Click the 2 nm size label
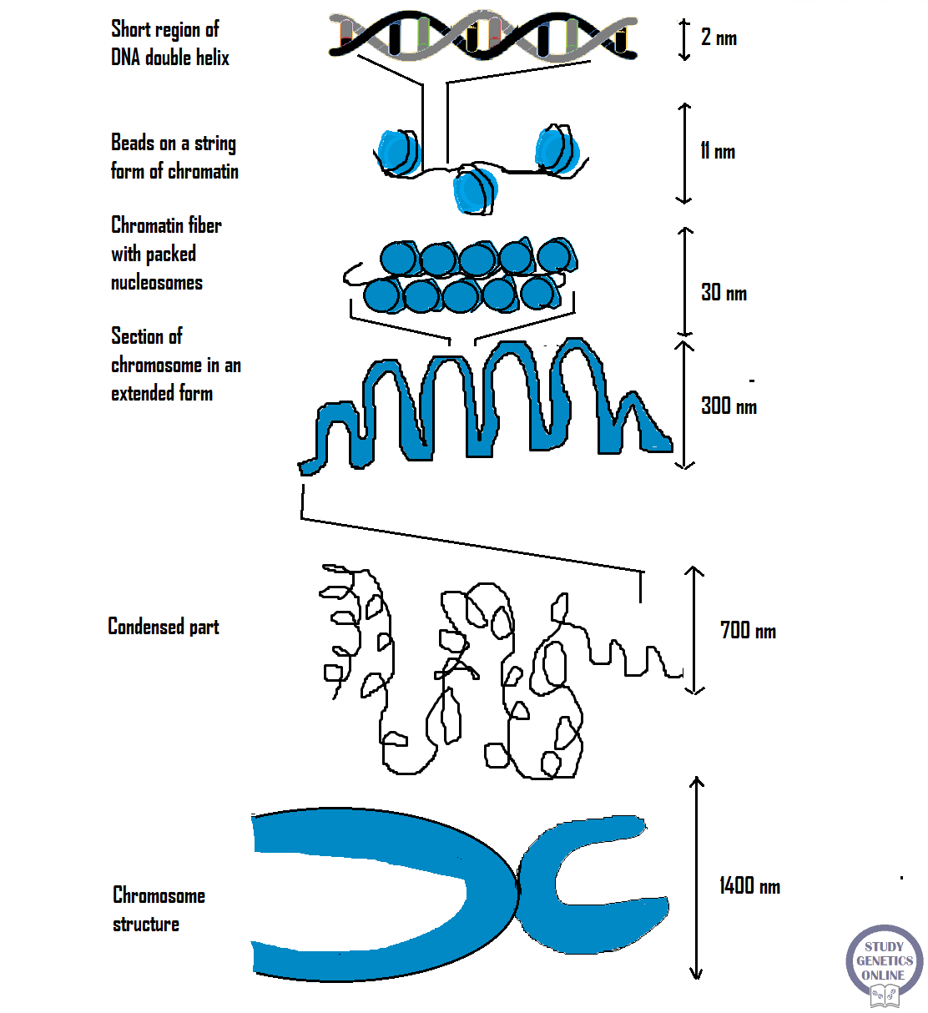(x=719, y=38)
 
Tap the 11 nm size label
(x=718, y=151)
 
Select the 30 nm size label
(x=724, y=293)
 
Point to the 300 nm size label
(x=729, y=406)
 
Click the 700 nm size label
(x=748, y=631)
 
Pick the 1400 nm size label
(x=749, y=886)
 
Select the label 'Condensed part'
(x=164, y=627)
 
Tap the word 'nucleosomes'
(x=157, y=283)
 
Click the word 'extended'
(x=139, y=394)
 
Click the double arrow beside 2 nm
(x=684, y=39)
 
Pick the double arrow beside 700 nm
(x=694, y=630)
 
